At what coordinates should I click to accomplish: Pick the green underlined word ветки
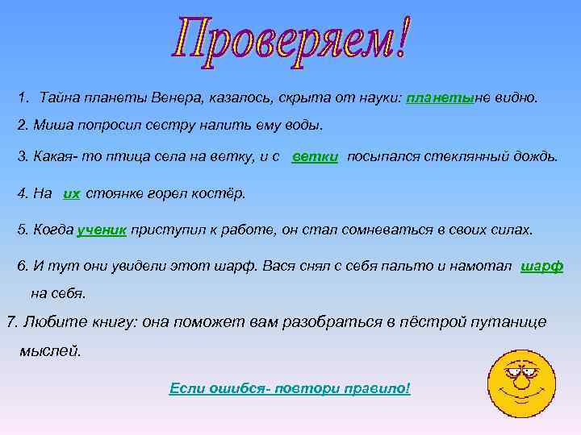(315, 155)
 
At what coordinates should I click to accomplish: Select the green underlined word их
(71, 193)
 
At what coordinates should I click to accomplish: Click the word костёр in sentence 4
(221, 193)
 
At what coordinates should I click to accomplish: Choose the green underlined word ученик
(102, 230)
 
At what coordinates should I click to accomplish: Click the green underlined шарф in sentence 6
(542, 267)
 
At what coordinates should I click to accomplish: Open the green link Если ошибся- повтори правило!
(290, 388)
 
